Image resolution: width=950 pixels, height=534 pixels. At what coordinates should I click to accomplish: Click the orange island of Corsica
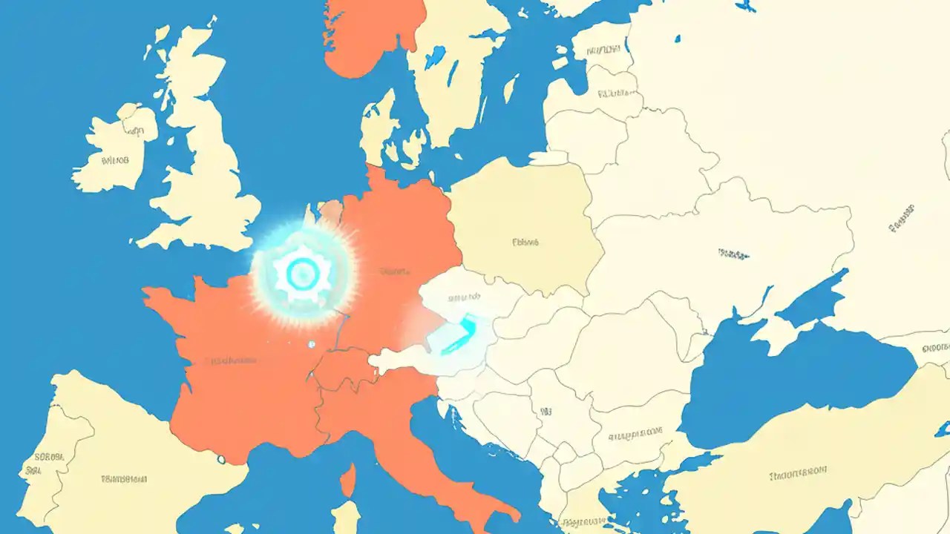tap(347, 481)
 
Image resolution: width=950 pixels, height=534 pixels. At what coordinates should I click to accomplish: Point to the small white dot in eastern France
tap(311, 344)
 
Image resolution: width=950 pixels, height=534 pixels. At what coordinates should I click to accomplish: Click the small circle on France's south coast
tap(221, 460)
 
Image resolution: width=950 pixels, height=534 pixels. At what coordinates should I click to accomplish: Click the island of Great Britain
tap(200, 171)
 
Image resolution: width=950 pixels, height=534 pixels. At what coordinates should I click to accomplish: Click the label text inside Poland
tap(525, 242)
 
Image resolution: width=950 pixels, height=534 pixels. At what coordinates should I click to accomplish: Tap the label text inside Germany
tap(394, 271)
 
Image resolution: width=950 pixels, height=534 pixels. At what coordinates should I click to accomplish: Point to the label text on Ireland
tap(114, 159)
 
